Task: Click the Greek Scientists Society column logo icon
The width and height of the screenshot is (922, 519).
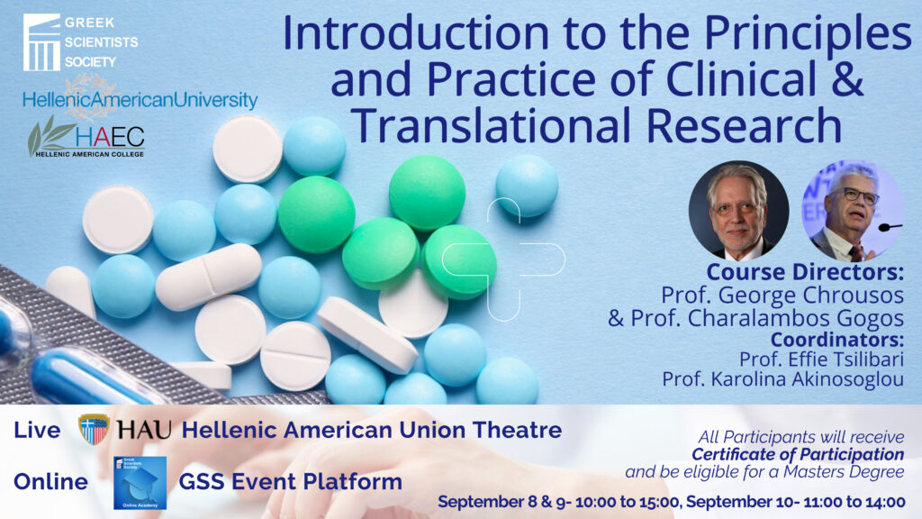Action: click(x=41, y=42)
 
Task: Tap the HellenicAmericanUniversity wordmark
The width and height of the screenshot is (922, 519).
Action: click(x=140, y=100)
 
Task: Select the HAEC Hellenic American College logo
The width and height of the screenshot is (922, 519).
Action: click(x=86, y=138)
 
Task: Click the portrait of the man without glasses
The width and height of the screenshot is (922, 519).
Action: click(x=738, y=211)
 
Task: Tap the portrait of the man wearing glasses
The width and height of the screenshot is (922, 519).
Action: click(x=853, y=211)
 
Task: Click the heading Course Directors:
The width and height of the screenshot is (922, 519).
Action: click(x=805, y=272)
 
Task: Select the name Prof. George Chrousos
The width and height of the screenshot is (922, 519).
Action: click(x=782, y=295)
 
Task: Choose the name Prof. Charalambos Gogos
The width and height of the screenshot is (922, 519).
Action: click(x=755, y=318)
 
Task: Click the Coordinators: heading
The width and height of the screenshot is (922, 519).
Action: click(x=837, y=340)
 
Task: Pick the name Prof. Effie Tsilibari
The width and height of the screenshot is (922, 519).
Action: click(x=821, y=359)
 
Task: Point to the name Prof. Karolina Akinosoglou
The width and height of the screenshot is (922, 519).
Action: click(x=783, y=379)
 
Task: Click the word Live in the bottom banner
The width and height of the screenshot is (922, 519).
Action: click(x=37, y=430)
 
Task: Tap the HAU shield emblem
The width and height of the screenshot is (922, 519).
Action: click(x=94, y=429)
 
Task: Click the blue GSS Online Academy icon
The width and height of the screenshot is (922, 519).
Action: click(x=140, y=483)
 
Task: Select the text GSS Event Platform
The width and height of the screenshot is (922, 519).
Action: click(x=291, y=482)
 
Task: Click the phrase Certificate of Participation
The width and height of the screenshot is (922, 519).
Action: click(x=798, y=454)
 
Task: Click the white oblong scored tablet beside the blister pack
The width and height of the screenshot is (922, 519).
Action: click(x=209, y=277)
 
